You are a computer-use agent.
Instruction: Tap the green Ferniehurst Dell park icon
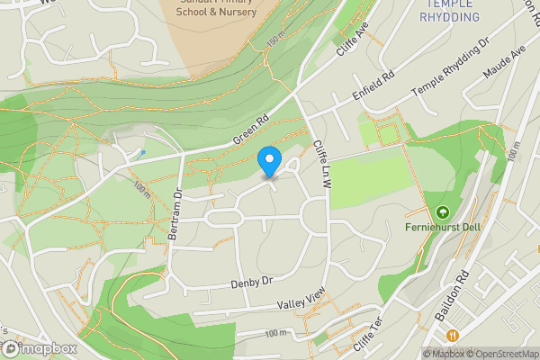click(442, 212)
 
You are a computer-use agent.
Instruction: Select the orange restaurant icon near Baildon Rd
click(453, 335)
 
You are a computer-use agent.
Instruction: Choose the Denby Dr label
click(250, 283)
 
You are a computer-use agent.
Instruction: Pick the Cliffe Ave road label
click(353, 40)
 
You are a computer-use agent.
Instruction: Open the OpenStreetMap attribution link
click(501, 354)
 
